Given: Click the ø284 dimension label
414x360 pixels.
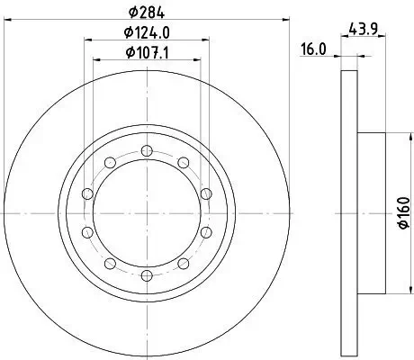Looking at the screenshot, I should (147, 12).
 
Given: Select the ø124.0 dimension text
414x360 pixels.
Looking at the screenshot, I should (147, 33).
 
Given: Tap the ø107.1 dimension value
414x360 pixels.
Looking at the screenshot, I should (147, 53).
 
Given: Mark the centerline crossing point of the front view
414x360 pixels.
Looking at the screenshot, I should (147, 213).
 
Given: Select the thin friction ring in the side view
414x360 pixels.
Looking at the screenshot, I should (349, 213).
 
